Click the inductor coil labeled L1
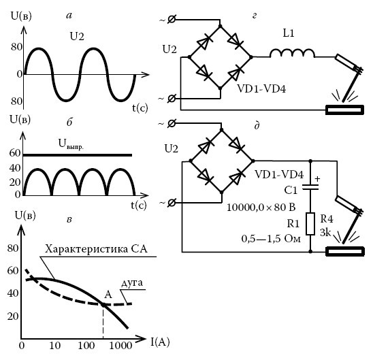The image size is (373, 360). click(293, 53)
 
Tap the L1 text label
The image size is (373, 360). click(289, 33)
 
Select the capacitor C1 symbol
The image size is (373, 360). click(310, 187)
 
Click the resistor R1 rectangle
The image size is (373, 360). click(310, 224)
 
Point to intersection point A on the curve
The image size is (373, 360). click(103, 304)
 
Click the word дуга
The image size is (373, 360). click(132, 283)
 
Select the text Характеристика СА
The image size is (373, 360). click(96, 249)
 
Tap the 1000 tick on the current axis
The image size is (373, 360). click(120, 346)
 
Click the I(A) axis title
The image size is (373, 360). click(160, 342)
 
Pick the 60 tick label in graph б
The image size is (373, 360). click(15, 153)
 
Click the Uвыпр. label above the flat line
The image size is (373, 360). click(71, 144)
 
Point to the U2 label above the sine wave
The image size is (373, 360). click(77, 37)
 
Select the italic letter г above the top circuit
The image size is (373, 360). click(254, 16)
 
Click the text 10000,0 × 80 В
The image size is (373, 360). click(261, 208)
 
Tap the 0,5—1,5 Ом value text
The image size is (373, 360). click(271, 238)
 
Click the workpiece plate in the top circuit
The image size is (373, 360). click(344, 110)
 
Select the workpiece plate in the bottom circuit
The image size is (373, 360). click(345, 252)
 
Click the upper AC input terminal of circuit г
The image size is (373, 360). click(172, 20)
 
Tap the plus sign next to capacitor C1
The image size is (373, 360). click(317, 178)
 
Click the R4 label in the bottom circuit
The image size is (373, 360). click(327, 218)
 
